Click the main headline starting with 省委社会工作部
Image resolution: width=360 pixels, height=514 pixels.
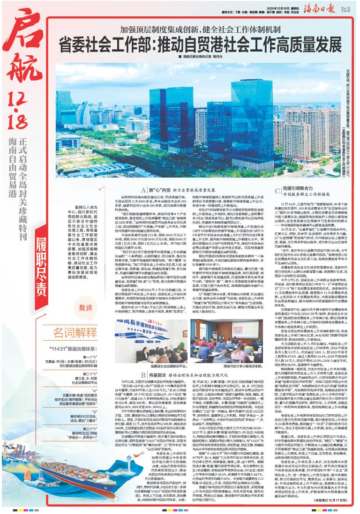206,45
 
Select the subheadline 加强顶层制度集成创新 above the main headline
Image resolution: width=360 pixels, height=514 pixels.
206,29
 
